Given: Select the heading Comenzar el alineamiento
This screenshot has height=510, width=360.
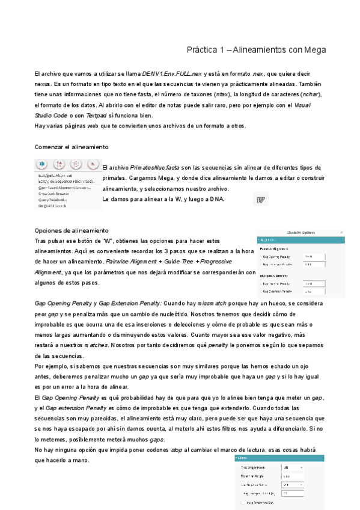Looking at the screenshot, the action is point(72,147).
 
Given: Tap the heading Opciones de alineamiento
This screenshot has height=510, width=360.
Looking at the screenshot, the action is point(72,230).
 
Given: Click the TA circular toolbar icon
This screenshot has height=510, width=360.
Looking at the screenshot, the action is point(59,164).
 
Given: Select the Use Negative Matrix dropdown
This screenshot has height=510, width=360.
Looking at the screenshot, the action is point(293,485).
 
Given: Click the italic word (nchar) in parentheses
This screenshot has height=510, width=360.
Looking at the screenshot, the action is point(311,94).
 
